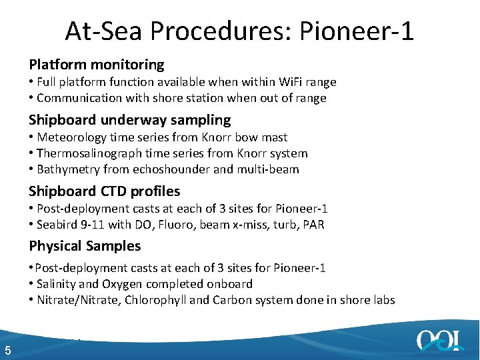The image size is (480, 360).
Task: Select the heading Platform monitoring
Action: click(x=96, y=65)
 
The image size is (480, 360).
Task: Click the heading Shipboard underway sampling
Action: click(x=129, y=120)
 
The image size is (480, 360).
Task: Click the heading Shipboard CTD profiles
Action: click(x=104, y=191)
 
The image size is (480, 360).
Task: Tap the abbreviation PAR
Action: click(x=313, y=225)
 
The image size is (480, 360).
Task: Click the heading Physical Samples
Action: click(x=85, y=246)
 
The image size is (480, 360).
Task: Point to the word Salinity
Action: click(x=59, y=284)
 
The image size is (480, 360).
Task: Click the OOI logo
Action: click(x=440, y=340)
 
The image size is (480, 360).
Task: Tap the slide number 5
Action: click(x=7, y=351)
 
